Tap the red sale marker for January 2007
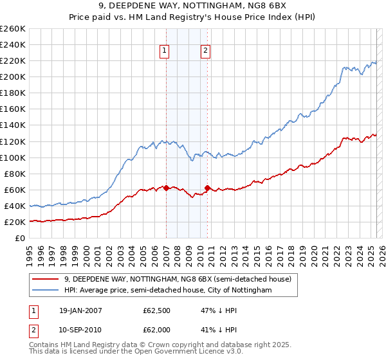[x=166, y=188]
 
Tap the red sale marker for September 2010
[x=207, y=188]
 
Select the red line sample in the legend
[x=46, y=279]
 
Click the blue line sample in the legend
[x=46, y=291]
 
